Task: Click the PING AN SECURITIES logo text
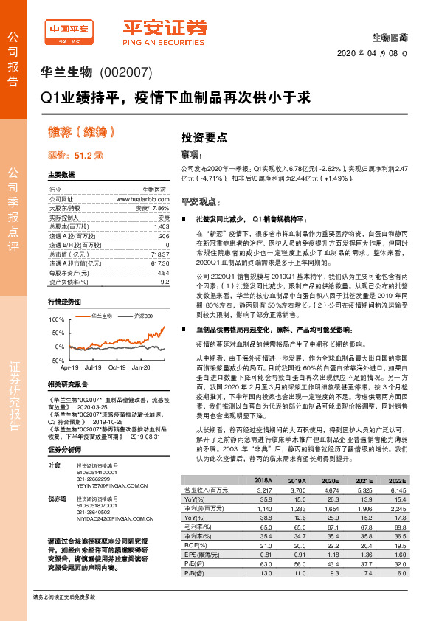click(165, 41)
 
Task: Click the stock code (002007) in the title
click(126, 73)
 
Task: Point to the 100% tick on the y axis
click(55, 319)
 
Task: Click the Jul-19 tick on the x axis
click(93, 367)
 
